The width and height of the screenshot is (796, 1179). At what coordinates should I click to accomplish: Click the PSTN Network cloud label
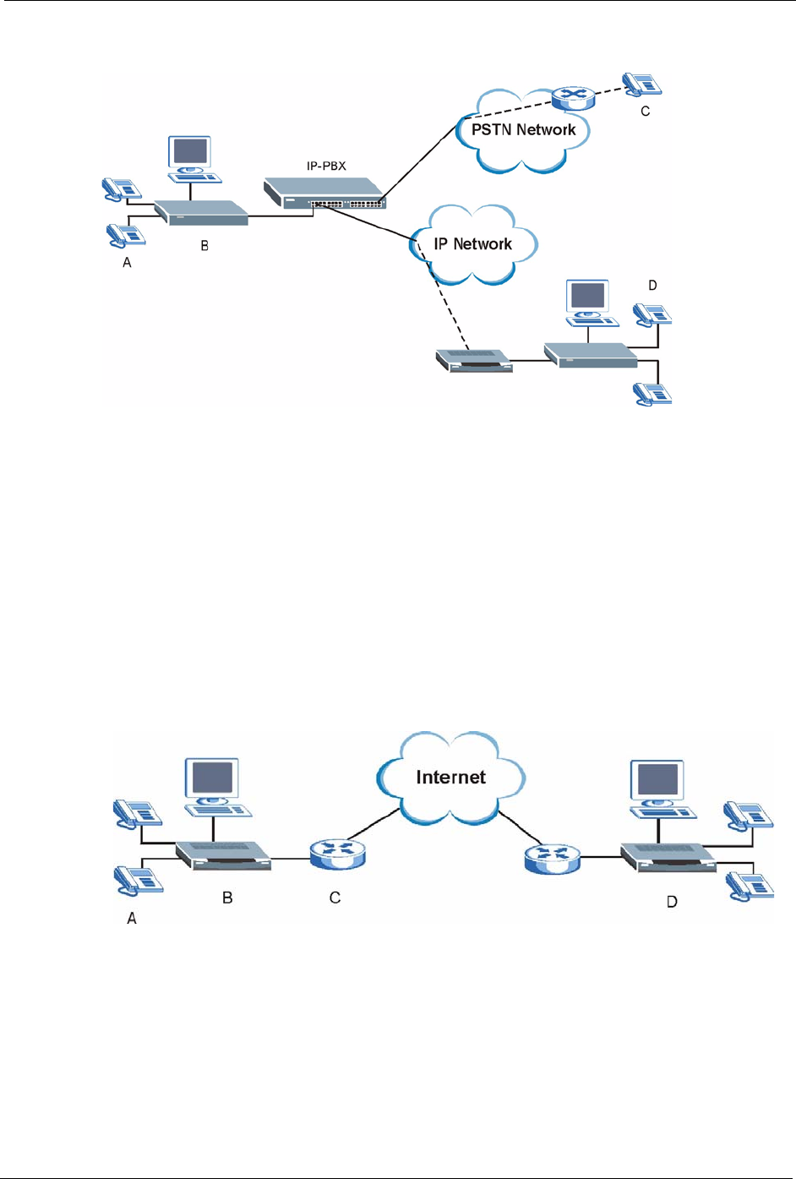pyautogui.click(x=523, y=129)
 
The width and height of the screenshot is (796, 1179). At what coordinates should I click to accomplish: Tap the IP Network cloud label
pyautogui.click(x=472, y=244)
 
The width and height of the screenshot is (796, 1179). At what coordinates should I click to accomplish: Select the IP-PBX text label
pyautogui.click(x=326, y=166)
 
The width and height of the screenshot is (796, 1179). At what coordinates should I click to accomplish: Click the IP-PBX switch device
pyautogui.click(x=324, y=193)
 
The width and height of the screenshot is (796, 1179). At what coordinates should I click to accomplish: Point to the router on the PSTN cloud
pyautogui.click(x=573, y=97)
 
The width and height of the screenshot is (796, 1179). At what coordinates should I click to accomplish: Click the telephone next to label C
pyautogui.click(x=642, y=84)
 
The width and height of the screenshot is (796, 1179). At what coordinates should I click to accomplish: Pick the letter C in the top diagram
pyautogui.click(x=646, y=111)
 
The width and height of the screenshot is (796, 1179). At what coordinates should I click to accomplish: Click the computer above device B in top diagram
pyautogui.click(x=191, y=158)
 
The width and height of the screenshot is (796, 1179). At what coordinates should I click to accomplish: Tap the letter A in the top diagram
pyautogui.click(x=128, y=263)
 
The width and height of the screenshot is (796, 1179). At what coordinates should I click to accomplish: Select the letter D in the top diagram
pyautogui.click(x=652, y=286)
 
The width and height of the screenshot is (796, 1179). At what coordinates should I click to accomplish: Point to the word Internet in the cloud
pyautogui.click(x=450, y=778)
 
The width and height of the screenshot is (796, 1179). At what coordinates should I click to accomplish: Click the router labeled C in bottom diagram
pyautogui.click(x=337, y=854)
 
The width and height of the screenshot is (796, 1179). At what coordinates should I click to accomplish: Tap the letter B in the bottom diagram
pyautogui.click(x=227, y=898)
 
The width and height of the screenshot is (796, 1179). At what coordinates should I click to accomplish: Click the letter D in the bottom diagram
pyautogui.click(x=672, y=902)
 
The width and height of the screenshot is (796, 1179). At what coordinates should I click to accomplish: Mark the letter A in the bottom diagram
pyautogui.click(x=132, y=918)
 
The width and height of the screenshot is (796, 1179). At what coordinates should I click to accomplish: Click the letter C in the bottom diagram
pyautogui.click(x=335, y=898)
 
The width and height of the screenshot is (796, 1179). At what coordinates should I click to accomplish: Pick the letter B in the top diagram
pyautogui.click(x=204, y=246)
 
